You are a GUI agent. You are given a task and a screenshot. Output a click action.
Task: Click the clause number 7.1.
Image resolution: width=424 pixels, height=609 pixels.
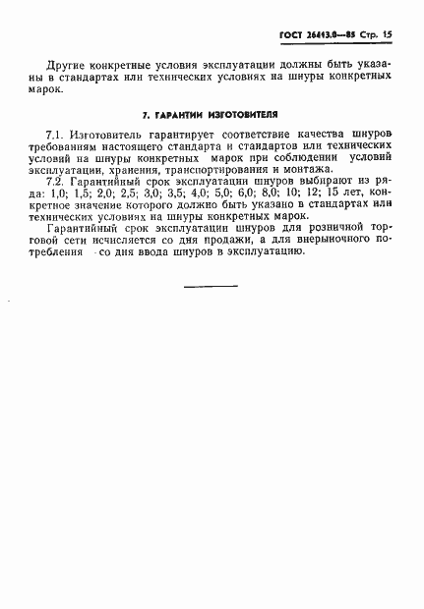point(56,134)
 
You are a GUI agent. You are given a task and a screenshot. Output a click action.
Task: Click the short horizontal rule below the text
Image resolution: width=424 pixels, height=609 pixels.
point(211,285)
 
